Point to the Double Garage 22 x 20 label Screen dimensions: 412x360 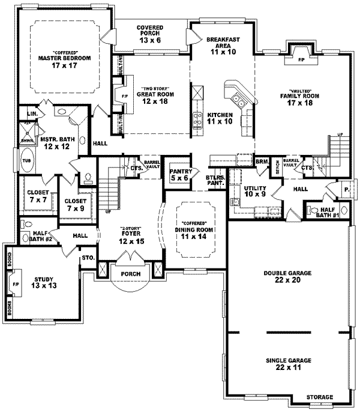(x=287, y=276)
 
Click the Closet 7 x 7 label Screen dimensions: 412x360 (x=38, y=196)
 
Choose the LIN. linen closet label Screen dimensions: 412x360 (x=32, y=112)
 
